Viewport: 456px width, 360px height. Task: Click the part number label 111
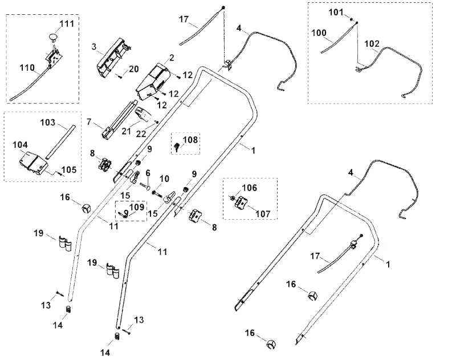67,23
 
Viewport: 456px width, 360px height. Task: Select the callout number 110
27,68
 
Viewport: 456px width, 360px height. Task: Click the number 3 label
94,47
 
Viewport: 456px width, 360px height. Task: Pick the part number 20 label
133,69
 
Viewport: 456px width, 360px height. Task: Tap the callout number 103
48,122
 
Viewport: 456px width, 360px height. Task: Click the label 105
69,169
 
